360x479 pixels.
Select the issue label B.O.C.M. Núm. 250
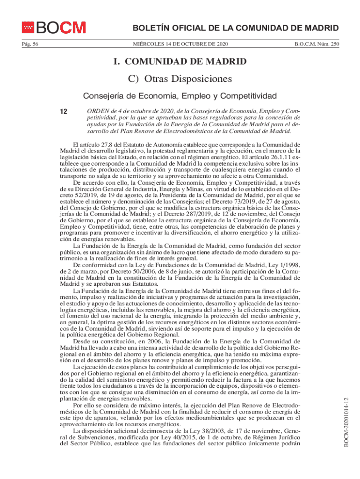[x=317, y=44]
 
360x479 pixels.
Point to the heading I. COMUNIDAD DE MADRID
[x=180, y=62]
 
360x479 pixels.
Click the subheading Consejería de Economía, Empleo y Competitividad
[x=180, y=96]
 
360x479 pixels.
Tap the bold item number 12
[x=64, y=111]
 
